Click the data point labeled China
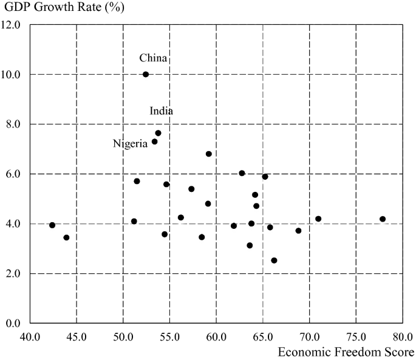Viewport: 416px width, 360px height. (146, 74)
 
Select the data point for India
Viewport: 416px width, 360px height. (158, 133)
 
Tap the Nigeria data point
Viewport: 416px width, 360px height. (154, 141)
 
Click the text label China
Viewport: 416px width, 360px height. (152, 58)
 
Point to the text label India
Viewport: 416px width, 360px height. (162, 111)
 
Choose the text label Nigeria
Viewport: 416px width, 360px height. (130, 144)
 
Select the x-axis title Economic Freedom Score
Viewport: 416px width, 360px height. (346, 352)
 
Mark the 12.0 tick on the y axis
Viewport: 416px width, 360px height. (12, 25)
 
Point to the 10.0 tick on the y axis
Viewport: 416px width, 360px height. (12, 75)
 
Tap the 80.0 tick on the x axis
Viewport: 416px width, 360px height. (402, 336)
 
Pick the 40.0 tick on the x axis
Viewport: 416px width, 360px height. (30, 336)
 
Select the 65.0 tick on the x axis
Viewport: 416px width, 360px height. (262, 336)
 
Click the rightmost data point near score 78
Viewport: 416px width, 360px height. (383, 219)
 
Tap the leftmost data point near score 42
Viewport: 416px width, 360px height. (52, 225)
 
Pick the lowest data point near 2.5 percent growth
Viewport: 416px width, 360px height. (274, 260)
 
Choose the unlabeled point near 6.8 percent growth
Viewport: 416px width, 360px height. (208, 154)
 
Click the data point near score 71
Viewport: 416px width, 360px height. (318, 219)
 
